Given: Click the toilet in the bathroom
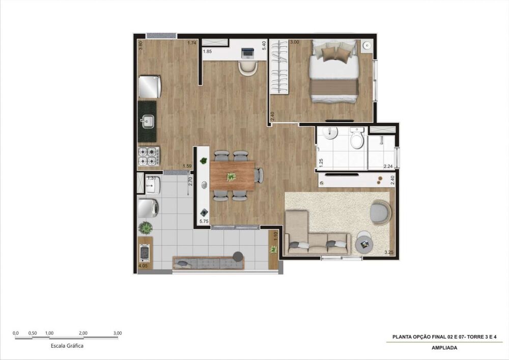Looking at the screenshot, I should pos(357,139).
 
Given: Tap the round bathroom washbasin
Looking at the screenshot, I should pos(331,133).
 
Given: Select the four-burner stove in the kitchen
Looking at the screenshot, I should pos(149,156).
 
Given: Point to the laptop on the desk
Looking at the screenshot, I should pos(248,51).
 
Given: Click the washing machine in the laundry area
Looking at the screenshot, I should pos(148,208).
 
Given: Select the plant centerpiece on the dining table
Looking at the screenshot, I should pos(232,177).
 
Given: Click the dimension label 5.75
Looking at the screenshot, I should pos(204,221).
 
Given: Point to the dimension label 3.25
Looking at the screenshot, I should pos(389,252).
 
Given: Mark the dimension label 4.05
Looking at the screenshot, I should pos(143,265).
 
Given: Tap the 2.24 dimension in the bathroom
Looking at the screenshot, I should pos(388,167).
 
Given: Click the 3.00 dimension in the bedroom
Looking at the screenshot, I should pos(294,43).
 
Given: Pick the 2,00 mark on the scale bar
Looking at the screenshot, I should pos(83,333).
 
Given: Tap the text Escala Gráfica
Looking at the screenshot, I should pos(67,345).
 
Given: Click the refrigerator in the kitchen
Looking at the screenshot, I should pos(150,87).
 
